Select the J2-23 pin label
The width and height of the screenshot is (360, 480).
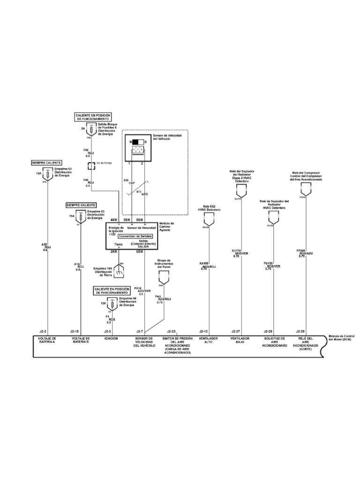point(170,330)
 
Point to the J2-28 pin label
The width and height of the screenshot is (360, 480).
point(300,330)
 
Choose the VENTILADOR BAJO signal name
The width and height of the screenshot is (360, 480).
point(241,340)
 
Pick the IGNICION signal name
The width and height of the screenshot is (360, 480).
point(111,338)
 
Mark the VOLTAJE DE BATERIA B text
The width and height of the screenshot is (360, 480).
point(81,340)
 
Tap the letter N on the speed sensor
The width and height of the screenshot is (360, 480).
point(130,142)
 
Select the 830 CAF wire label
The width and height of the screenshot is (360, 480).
point(126,181)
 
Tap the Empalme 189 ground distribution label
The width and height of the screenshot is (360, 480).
point(104,270)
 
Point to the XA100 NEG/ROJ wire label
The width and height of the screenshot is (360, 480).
point(207,266)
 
